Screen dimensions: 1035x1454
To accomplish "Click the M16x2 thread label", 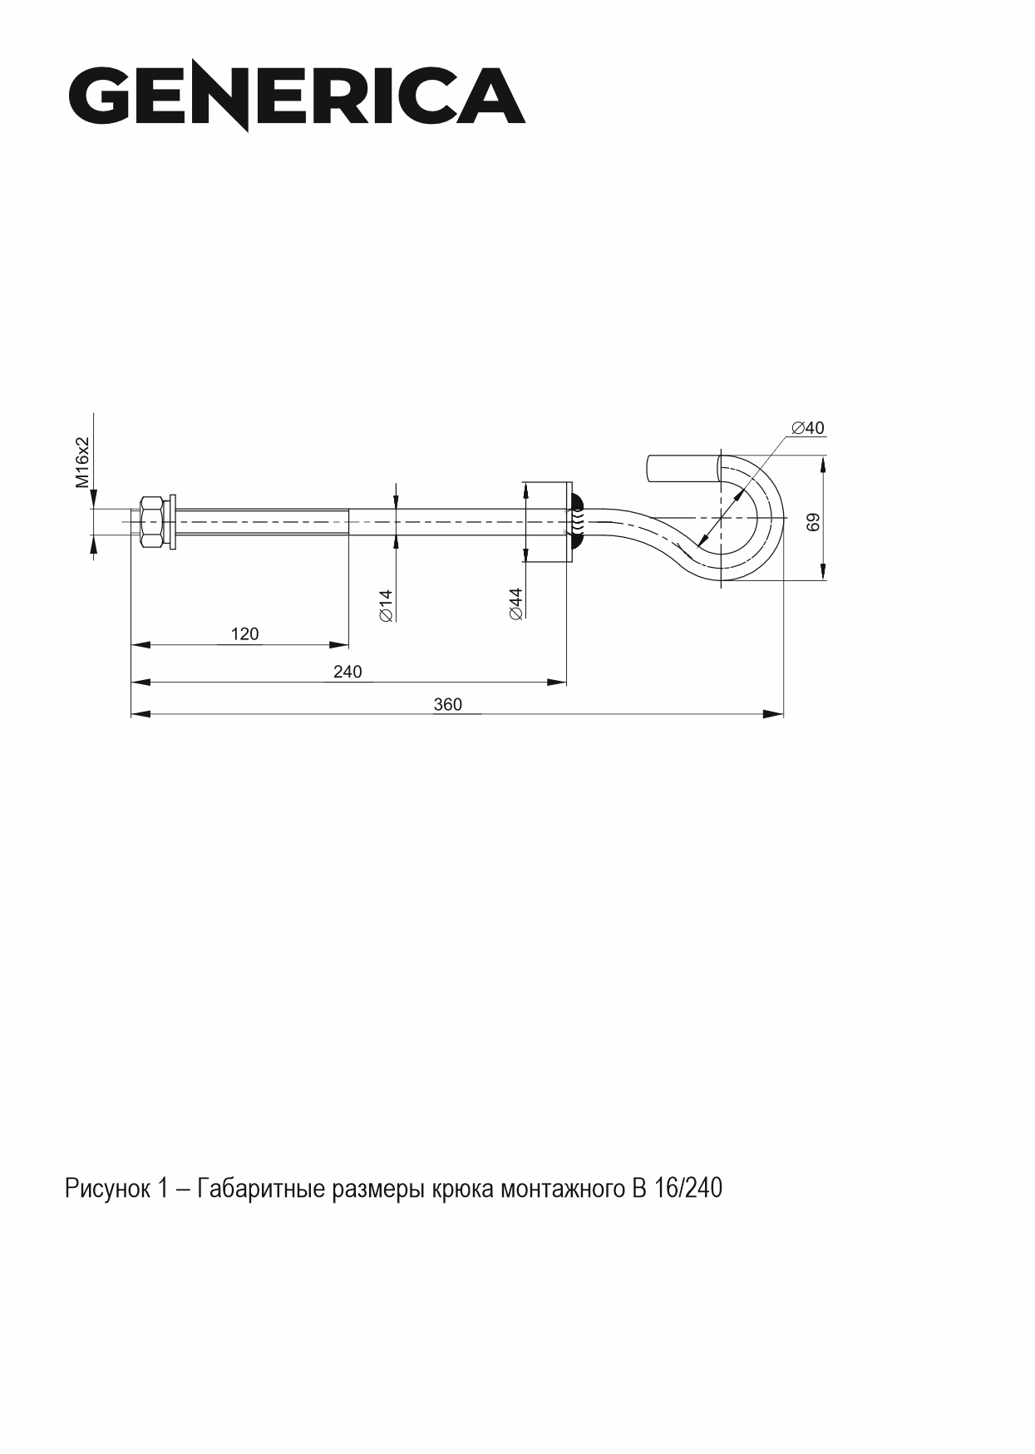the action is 82,462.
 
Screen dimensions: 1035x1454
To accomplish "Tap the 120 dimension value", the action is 244,633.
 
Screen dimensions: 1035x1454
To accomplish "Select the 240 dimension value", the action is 347,671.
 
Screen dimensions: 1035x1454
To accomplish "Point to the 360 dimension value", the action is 447,704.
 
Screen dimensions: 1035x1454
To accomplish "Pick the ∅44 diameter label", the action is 515,604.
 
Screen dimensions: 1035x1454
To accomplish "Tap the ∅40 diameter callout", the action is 808,428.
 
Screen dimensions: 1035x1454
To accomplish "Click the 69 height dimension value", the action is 814,521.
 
